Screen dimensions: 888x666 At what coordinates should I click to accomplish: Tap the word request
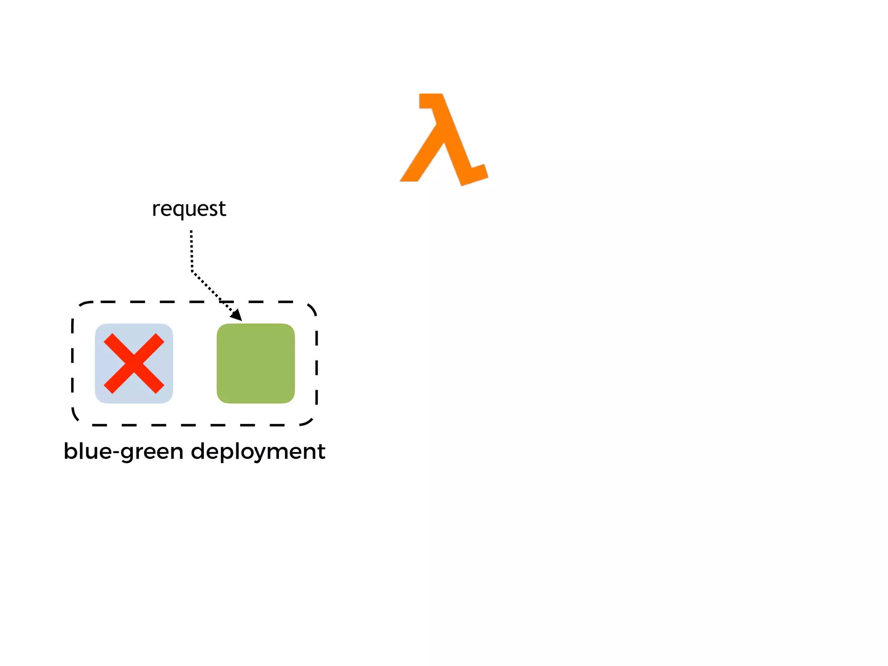tap(189, 209)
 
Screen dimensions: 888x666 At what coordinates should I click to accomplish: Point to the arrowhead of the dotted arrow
tap(237, 316)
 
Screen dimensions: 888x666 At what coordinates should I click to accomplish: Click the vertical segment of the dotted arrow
tap(191, 251)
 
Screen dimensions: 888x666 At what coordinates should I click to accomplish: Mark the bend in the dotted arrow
tap(192, 272)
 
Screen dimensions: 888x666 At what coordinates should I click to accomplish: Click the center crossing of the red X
tap(134, 363)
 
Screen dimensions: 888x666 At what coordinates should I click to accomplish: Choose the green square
tap(256, 363)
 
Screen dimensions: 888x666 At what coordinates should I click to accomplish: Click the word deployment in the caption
tap(258, 452)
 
